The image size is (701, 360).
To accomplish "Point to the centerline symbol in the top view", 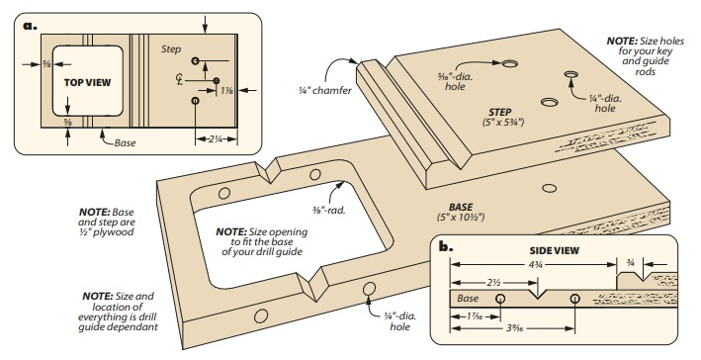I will click(179, 78).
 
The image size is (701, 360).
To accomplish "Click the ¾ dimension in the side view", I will click(632, 264).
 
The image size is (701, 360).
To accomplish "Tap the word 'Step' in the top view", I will click(171, 47).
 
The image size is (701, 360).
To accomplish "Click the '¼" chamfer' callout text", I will click(322, 91).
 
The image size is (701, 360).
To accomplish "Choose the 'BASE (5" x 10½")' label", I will click(457, 211).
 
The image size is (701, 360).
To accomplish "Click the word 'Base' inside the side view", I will click(468, 298).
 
